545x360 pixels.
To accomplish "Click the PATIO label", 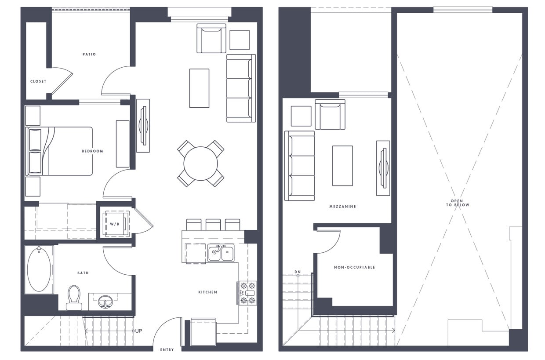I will (x=89, y=55).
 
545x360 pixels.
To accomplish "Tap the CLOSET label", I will (x=38, y=81).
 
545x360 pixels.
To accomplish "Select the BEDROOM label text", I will (x=92, y=151).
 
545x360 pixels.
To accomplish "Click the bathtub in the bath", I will (x=39, y=269).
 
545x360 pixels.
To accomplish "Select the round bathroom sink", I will (x=105, y=302).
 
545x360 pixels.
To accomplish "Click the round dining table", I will (x=200, y=164).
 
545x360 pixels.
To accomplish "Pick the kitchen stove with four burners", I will (x=247, y=293).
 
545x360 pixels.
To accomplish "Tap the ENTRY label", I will (x=167, y=350).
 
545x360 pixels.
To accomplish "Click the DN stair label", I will (x=298, y=272).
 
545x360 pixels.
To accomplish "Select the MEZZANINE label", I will (x=342, y=207).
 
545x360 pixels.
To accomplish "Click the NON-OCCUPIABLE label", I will (x=354, y=267).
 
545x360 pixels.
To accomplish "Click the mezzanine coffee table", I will (x=342, y=166).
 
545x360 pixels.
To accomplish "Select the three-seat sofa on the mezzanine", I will (x=300, y=166).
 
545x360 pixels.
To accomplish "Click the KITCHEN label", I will (x=207, y=292).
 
